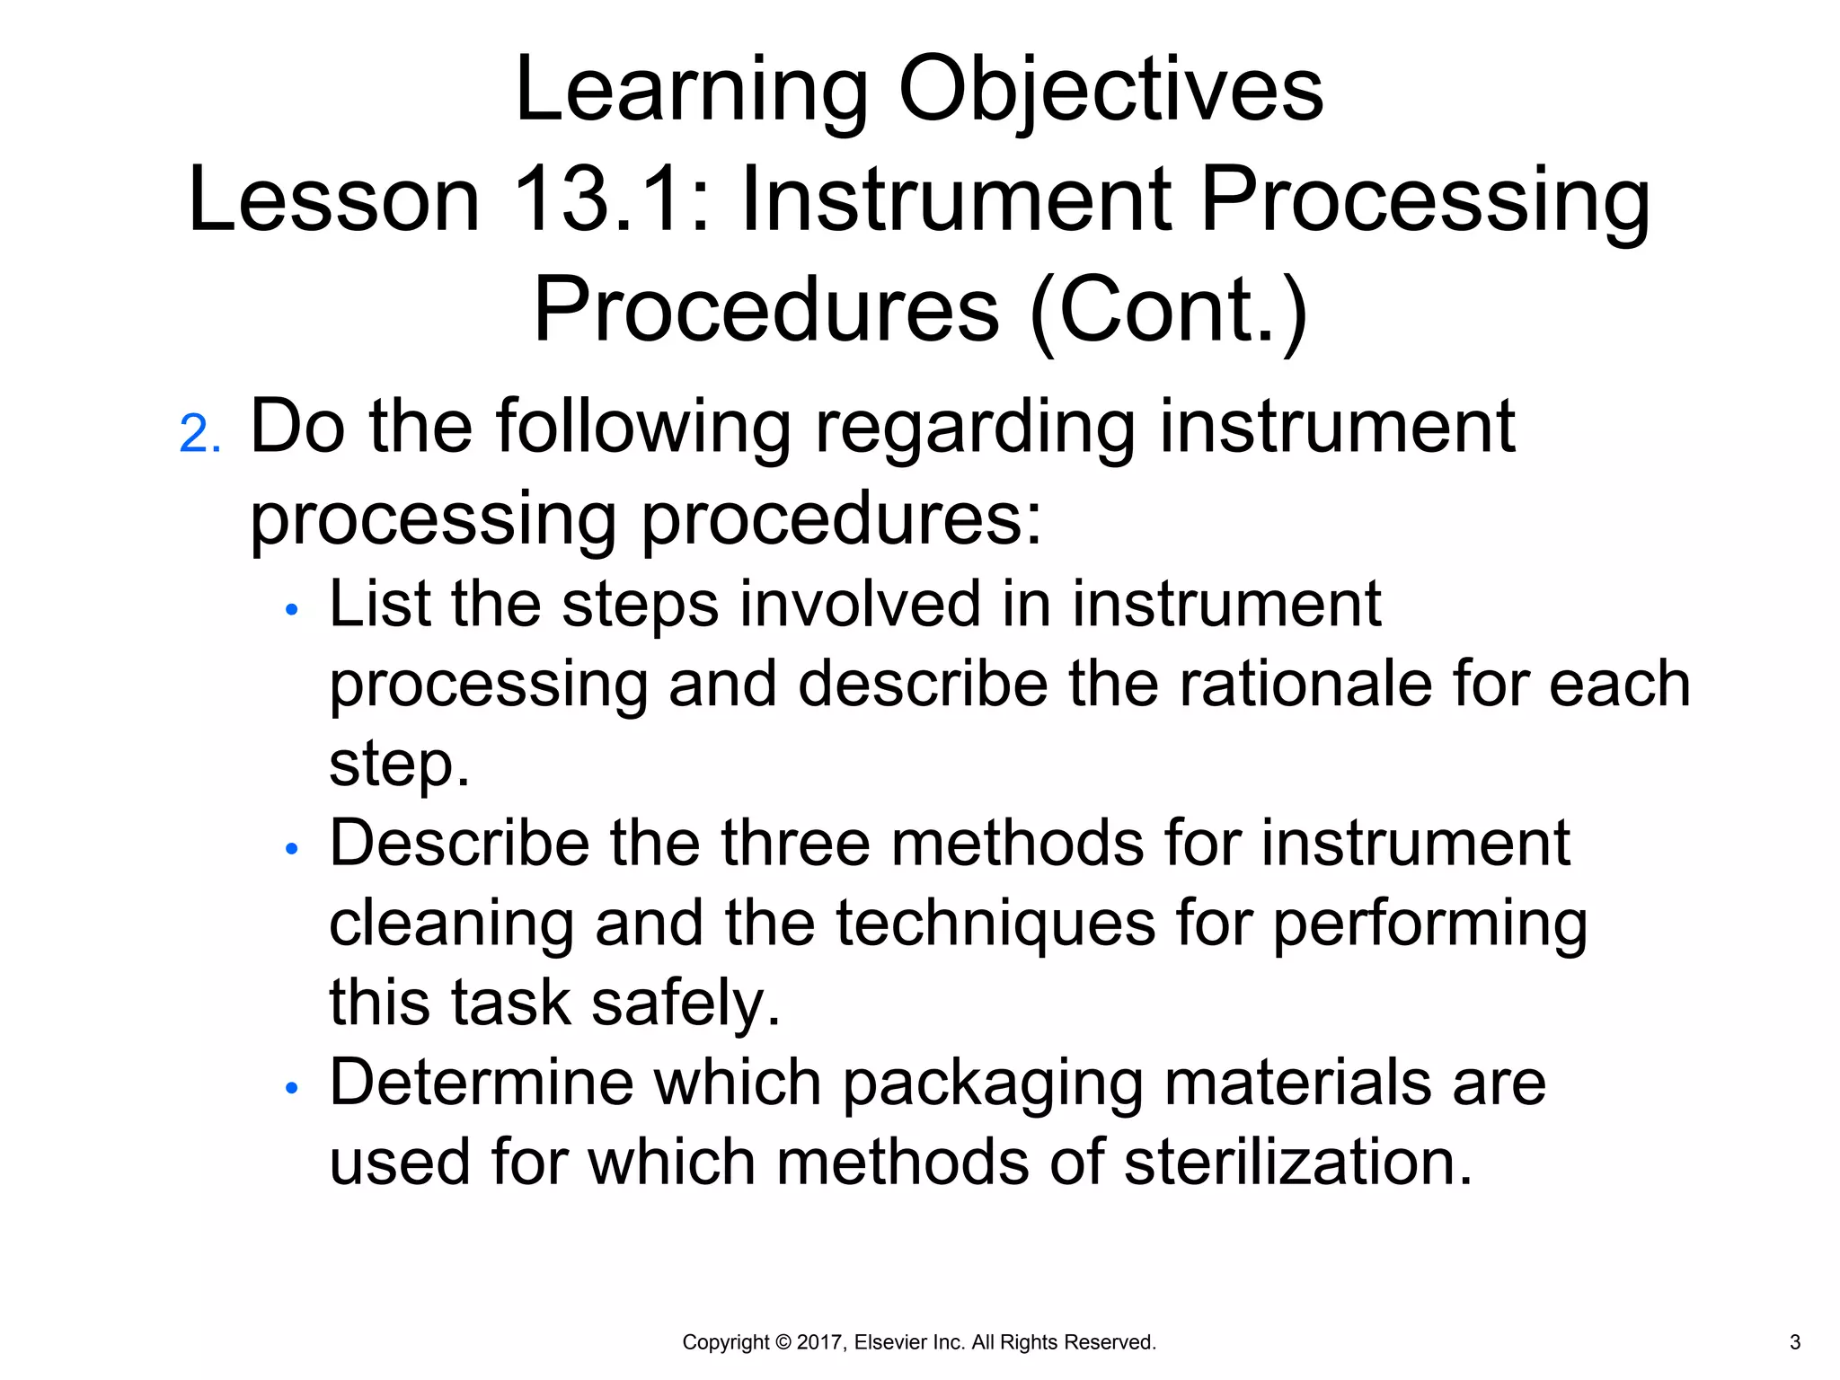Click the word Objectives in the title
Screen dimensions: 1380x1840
click(x=1110, y=90)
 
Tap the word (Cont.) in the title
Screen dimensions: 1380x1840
click(x=1169, y=310)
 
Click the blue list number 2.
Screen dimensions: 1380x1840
click(x=199, y=434)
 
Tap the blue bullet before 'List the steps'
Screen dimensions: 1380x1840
click(x=290, y=610)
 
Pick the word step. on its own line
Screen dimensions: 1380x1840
click(x=399, y=765)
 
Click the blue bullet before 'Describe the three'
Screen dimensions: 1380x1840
click(x=290, y=849)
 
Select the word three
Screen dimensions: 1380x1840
click(x=794, y=844)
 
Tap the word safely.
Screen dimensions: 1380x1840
click(x=686, y=1003)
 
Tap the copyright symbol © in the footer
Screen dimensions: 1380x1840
click(x=783, y=1342)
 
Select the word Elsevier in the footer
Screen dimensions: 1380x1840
click(x=891, y=1342)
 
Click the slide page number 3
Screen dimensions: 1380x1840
click(x=1795, y=1342)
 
